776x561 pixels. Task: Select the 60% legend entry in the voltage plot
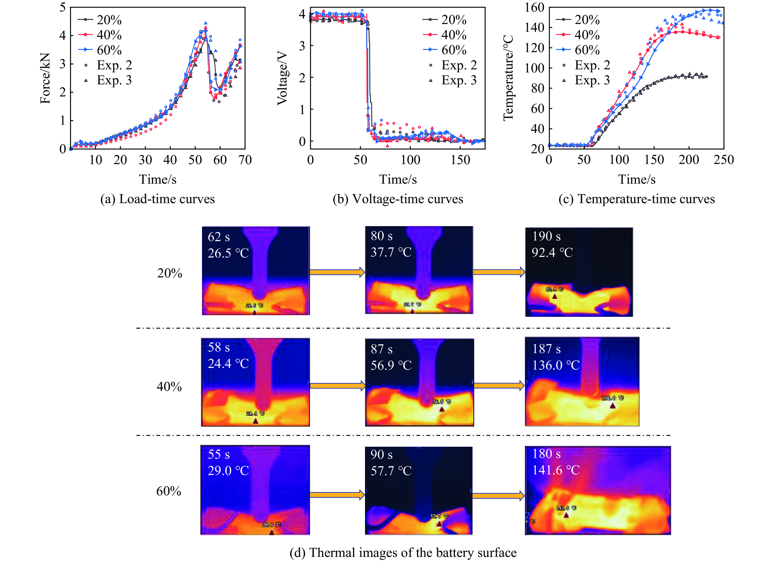click(445, 50)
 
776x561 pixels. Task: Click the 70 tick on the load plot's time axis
click(245, 160)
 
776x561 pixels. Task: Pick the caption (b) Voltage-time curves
click(398, 199)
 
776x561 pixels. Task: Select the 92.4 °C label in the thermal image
click(552, 252)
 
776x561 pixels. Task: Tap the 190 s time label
click(546, 236)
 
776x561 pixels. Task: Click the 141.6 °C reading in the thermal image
click(556, 470)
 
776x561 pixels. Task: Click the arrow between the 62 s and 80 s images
click(337, 272)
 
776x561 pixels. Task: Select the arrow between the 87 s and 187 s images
click(499, 386)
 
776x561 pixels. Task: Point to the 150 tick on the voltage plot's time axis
click(460, 160)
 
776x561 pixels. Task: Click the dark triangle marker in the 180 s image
click(566, 515)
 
